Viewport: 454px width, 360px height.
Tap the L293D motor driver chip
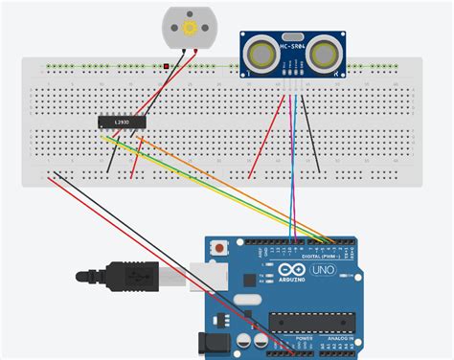click(122, 122)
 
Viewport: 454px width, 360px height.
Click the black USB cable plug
click(125, 277)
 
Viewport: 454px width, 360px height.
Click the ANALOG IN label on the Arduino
click(337, 340)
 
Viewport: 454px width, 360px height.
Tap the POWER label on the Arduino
click(304, 340)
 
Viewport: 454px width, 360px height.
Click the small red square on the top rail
click(167, 66)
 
